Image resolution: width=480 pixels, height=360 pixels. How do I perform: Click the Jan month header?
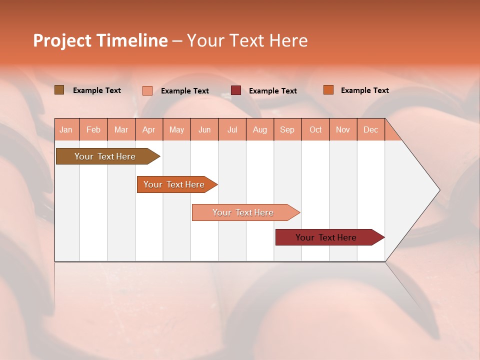[66, 129]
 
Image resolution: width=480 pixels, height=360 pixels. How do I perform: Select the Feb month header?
[93, 129]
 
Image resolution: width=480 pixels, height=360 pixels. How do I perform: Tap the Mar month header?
[121, 129]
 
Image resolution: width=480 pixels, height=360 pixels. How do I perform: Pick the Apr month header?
[149, 129]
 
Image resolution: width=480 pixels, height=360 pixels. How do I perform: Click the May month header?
[176, 129]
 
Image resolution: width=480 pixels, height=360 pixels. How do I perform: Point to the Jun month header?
[204, 129]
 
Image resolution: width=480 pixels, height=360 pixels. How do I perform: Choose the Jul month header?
[232, 129]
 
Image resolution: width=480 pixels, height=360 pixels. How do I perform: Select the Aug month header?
[260, 129]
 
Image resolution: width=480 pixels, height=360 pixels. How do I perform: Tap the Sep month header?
[287, 129]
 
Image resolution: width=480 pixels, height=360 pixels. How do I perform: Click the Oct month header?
[315, 129]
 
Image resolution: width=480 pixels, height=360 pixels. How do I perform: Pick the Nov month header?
[343, 129]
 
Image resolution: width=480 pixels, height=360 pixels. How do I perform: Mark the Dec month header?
[371, 129]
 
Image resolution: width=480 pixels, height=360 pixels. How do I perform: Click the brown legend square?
[59, 90]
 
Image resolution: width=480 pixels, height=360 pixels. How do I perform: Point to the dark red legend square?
[236, 90]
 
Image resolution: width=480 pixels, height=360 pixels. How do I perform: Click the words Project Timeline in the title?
[100, 40]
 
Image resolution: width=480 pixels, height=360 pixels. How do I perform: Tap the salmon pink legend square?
[147, 90]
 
